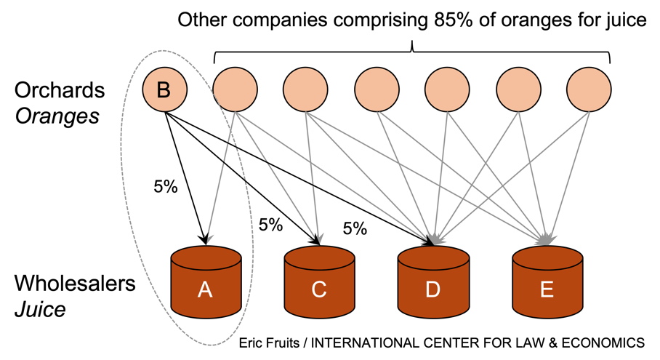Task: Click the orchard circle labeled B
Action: click(164, 91)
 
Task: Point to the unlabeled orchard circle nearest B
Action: click(235, 91)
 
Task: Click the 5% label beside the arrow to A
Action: click(166, 186)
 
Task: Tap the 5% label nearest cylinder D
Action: click(355, 229)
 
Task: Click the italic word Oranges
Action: click(57, 116)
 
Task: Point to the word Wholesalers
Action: click(75, 283)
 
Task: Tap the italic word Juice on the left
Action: click(40, 309)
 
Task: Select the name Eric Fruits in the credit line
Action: click(270, 342)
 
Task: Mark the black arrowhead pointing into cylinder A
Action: click(205, 239)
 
